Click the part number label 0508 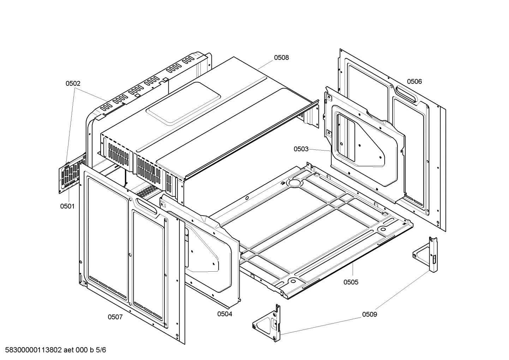click(x=281, y=58)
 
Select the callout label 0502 click(x=73, y=84)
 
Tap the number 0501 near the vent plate click(x=67, y=206)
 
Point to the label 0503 click(x=301, y=149)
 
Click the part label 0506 click(x=414, y=82)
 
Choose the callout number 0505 click(x=351, y=282)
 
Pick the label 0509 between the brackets click(x=369, y=314)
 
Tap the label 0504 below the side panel click(x=224, y=314)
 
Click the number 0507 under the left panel click(x=115, y=317)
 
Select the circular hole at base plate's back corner click(x=294, y=183)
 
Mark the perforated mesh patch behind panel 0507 click(x=146, y=191)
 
